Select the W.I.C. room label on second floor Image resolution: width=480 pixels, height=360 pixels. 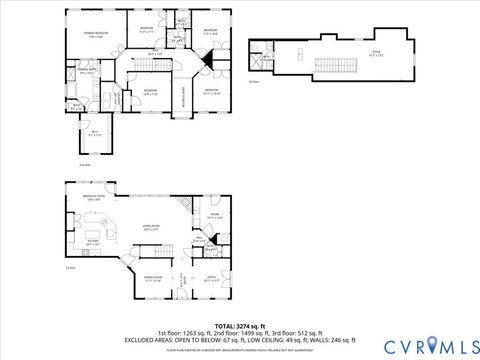pyautogui.click(x=94, y=132)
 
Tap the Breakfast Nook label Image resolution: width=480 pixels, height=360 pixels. pyautogui.click(x=96, y=198)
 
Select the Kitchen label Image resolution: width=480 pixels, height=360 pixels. pyautogui.click(x=92, y=241)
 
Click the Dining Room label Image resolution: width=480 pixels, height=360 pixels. pyautogui.click(x=152, y=279)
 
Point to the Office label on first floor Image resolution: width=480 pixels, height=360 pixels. pyautogui.click(x=211, y=279)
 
